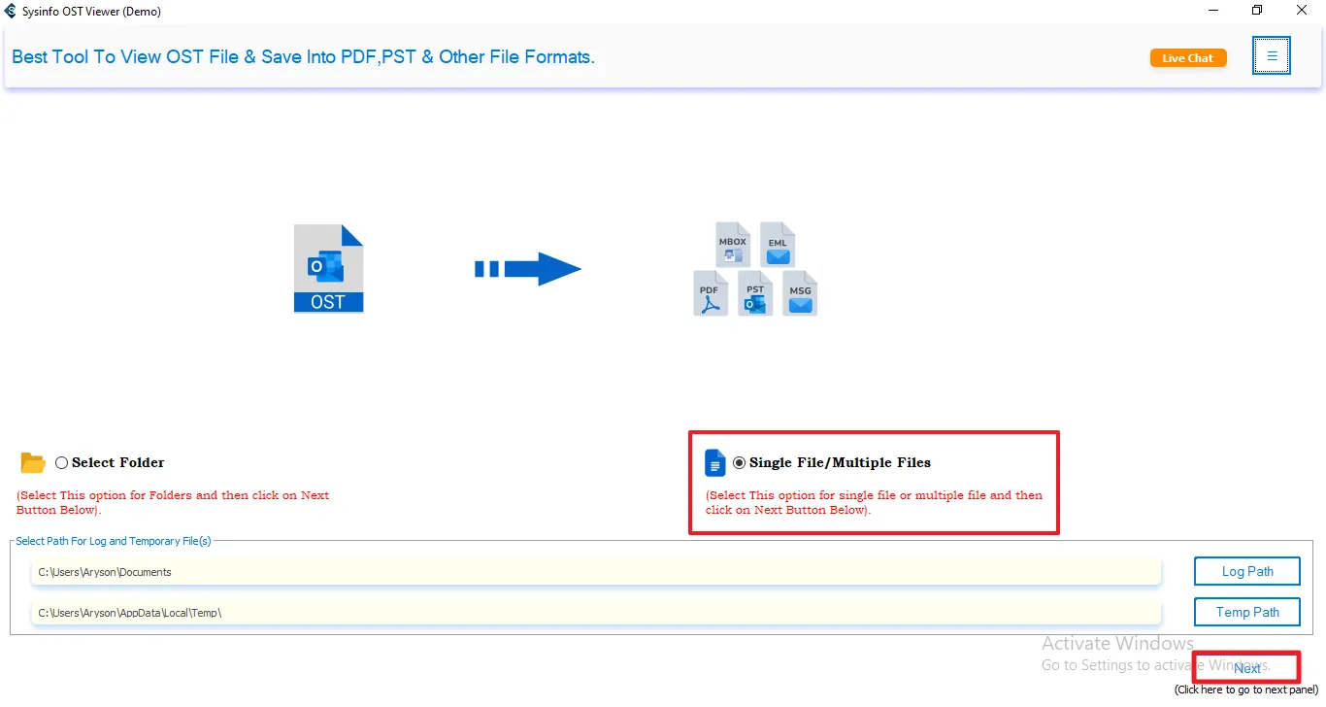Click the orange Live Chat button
(x=1188, y=58)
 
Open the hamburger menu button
(x=1272, y=56)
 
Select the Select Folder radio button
(x=62, y=463)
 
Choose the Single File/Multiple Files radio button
(x=740, y=463)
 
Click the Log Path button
(x=1246, y=571)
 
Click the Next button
(x=1246, y=668)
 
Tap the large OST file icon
(x=328, y=269)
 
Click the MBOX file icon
(x=733, y=245)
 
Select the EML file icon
(x=778, y=245)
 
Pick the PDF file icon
(x=711, y=293)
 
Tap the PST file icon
(x=755, y=293)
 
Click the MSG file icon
(x=800, y=293)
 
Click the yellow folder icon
(x=33, y=463)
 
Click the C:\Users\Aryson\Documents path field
(x=596, y=572)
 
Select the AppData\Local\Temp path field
(x=596, y=613)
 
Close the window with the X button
(x=1302, y=11)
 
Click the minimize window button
(x=1212, y=11)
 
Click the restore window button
(x=1257, y=11)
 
